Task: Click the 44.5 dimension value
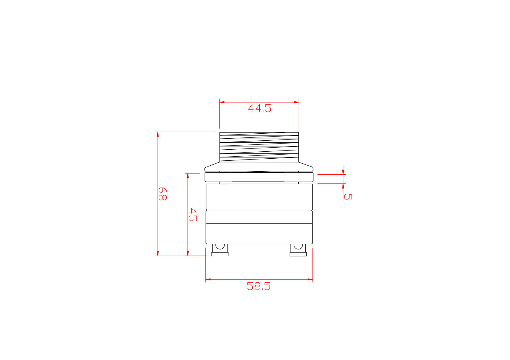pos(259,108)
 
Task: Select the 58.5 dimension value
pos(258,286)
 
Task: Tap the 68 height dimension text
pos(163,194)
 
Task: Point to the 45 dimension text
pos(192,215)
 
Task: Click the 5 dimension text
pos(348,197)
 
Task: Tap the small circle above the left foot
pos(220,246)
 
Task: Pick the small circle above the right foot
pos(298,246)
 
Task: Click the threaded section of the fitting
pos(259,147)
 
